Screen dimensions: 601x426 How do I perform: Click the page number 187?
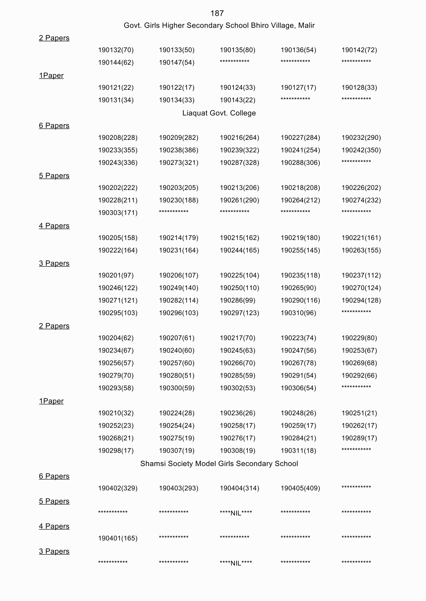pos(217,13)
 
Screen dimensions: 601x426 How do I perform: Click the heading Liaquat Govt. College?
pos(219,113)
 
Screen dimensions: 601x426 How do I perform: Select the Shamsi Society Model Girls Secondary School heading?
pos(219,464)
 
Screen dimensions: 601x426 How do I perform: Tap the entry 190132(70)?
pos(116,50)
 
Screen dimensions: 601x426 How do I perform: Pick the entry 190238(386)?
pos(178,150)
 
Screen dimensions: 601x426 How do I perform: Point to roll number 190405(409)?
pos(300,488)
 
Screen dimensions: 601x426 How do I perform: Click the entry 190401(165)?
pos(118,539)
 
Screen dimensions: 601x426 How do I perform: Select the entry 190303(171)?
pos(118,213)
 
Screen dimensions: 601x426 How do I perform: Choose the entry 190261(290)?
pos(239,200)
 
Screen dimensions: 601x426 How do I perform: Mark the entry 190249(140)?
pos(178,288)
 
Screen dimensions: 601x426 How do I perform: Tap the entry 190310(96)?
pos(298,313)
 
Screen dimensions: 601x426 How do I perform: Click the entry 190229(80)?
pos(359,338)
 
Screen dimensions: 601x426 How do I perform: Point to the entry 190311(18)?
pos(298,451)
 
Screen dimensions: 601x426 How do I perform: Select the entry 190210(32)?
pos(116,413)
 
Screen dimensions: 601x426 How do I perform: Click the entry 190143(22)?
pos(237,100)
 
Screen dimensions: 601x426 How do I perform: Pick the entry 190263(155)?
pos(361,250)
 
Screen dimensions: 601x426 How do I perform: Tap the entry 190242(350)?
pos(361,150)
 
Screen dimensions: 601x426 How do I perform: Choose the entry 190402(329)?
pos(118,488)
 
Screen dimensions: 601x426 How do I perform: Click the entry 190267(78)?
pos(298,363)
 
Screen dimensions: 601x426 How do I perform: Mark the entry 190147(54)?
pos(176,63)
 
